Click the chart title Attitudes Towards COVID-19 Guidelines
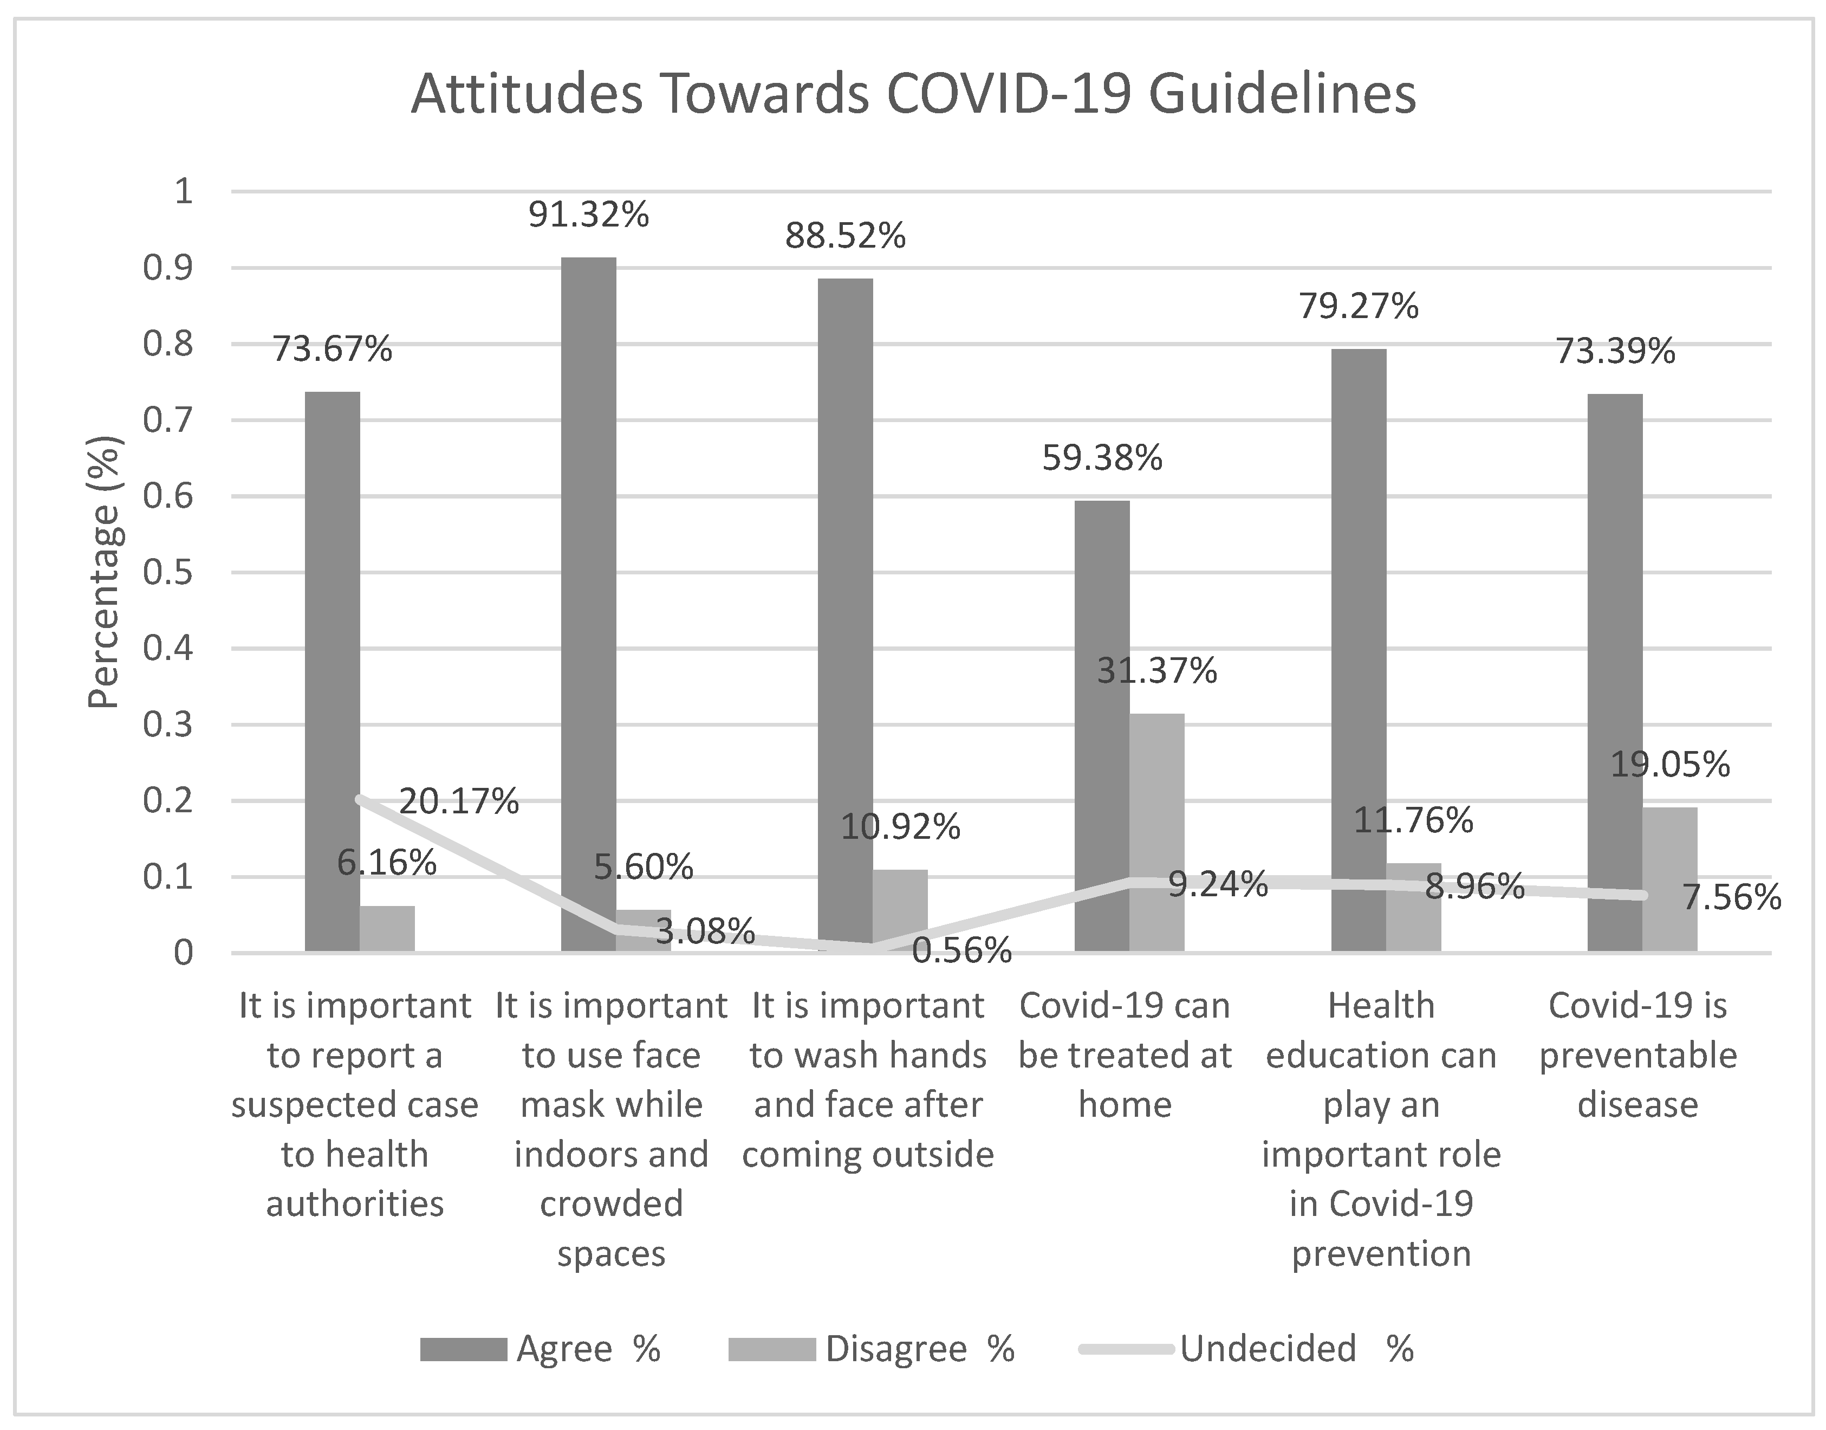tap(913, 94)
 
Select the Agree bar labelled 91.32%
tap(588, 603)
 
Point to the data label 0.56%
tap(961, 950)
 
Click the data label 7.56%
tap(1731, 897)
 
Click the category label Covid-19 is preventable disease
tap(1637, 1055)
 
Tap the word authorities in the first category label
tap(355, 1203)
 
